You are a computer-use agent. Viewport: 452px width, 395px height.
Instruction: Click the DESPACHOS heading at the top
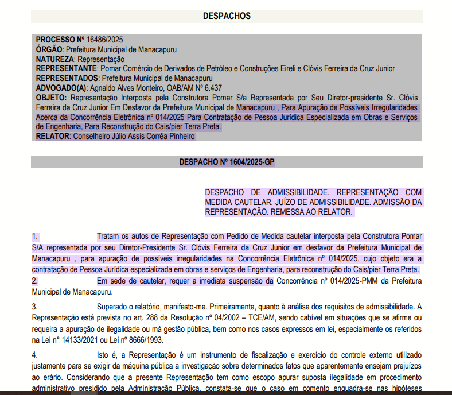point(227,16)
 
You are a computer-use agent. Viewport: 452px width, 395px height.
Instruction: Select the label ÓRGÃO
point(49,49)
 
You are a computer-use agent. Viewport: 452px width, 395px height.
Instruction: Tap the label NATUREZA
point(55,59)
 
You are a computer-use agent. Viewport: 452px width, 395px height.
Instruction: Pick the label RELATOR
point(52,137)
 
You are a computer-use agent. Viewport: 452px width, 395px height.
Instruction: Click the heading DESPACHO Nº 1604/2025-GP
point(227,162)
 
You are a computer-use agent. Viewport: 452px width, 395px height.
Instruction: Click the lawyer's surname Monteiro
point(138,88)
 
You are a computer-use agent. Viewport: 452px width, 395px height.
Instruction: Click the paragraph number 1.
point(35,236)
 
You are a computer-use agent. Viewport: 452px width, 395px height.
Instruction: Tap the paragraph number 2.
point(35,281)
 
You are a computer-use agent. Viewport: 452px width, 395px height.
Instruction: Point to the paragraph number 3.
point(35,306)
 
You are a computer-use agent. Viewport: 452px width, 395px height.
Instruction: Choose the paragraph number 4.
point(35,355)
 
